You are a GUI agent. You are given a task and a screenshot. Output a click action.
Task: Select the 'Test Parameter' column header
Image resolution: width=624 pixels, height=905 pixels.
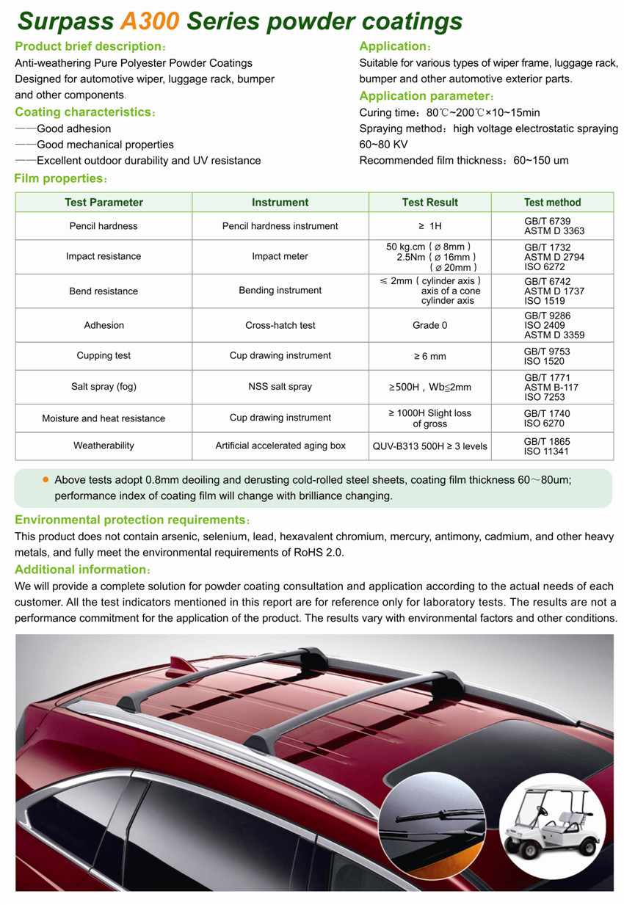(x=104, y=202)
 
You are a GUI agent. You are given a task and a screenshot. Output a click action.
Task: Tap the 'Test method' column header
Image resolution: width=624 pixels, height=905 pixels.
(x=552, y=202)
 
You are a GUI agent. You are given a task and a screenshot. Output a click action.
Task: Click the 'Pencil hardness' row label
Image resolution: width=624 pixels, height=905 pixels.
(x=104, y=226)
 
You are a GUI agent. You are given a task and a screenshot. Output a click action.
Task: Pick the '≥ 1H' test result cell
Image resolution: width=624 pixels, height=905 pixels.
(x=430, y=226)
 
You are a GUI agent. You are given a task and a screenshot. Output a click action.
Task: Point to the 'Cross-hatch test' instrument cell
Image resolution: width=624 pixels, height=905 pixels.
(x=280, y=325)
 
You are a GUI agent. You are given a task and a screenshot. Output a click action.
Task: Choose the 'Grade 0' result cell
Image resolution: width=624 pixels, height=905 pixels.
(x=430, y=325)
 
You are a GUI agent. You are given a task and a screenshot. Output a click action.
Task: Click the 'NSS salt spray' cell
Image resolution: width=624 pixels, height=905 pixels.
(x=280, y=386)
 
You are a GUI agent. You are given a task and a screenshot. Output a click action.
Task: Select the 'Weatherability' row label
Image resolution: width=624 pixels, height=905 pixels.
(x=104, y=446)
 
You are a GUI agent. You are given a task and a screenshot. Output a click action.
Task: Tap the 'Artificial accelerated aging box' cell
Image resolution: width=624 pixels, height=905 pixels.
(x=280, y=446)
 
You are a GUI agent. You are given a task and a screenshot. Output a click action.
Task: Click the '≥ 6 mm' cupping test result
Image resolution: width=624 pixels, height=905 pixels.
(x=430, y=356)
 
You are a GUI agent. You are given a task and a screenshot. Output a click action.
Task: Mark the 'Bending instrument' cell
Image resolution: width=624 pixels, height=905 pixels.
(x=280, y=291)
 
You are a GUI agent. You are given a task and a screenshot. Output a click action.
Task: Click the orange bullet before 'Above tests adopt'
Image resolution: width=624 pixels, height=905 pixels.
(x=46, y=479)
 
